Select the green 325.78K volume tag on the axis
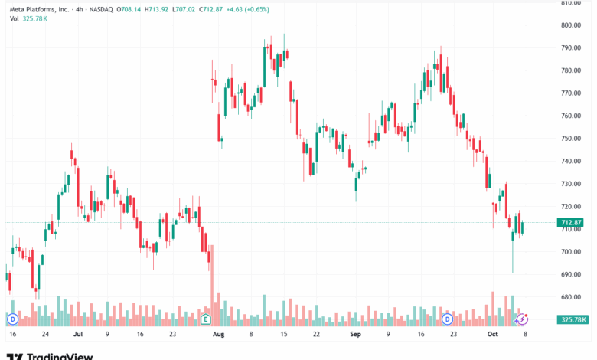[x=573, y=319]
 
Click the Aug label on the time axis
[x=219, y=335]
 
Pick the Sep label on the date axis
[x=355, y=335]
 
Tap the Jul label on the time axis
[x=77, y=335]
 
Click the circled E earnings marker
[x=205, y=318]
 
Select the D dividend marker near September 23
[x=448, y=318]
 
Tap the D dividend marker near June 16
[x=12, y=318]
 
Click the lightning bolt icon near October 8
[x=523, y=318]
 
